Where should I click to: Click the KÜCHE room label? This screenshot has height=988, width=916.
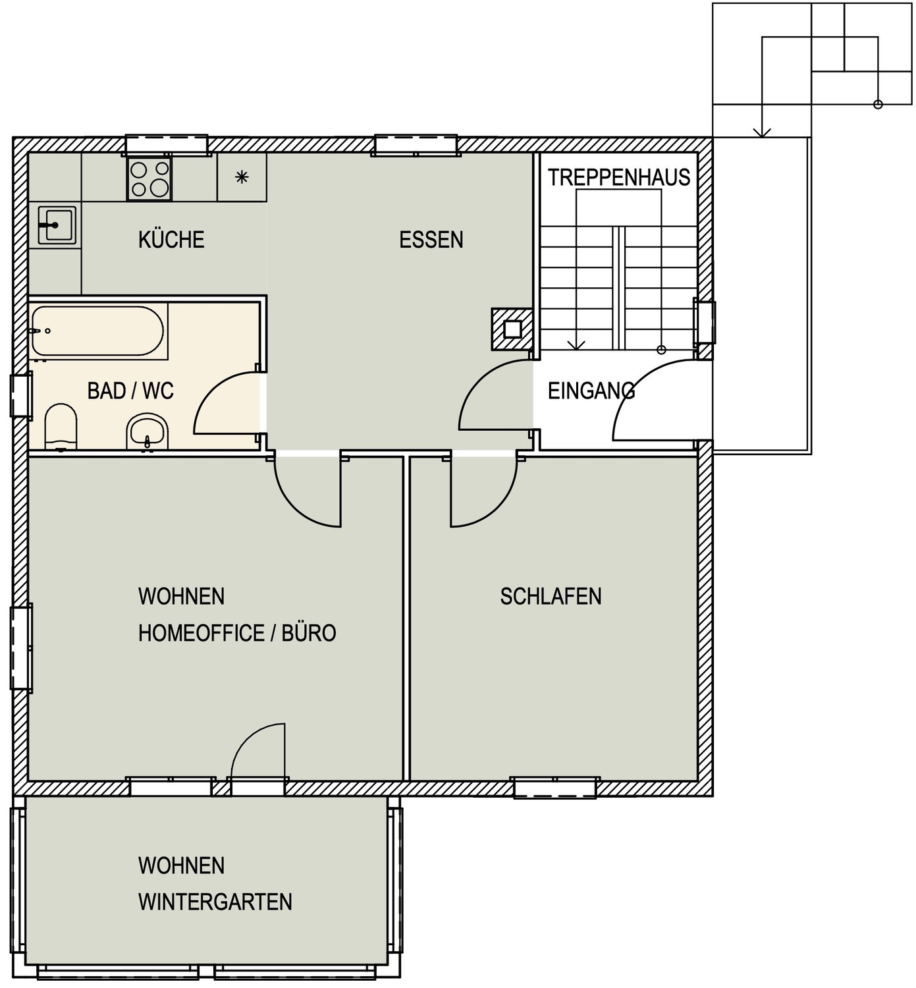[171, 240]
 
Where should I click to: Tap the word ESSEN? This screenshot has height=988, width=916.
[431, 240]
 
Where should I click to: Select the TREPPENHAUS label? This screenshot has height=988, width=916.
[619, 178]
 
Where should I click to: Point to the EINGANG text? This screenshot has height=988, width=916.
[591, 391]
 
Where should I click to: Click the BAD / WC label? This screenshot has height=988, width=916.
[130, 391]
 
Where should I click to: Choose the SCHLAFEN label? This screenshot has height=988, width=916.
[551, 597]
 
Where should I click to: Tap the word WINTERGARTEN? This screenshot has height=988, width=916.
[215, 902]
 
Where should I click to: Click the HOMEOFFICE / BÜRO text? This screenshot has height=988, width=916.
[237, 633]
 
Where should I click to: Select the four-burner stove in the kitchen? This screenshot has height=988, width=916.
[149, 179]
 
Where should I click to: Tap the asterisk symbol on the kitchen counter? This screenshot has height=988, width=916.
[242, 177]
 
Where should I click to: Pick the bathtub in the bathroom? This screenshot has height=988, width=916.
[97, 331]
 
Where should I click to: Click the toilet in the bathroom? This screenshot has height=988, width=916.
[61, 426]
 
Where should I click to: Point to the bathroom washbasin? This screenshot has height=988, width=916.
[148, 432]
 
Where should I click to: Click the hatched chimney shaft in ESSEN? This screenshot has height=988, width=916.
[512, 329]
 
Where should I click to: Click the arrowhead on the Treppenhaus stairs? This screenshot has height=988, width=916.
[576, 344]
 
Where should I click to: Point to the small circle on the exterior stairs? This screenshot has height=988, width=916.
[878, 105]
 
